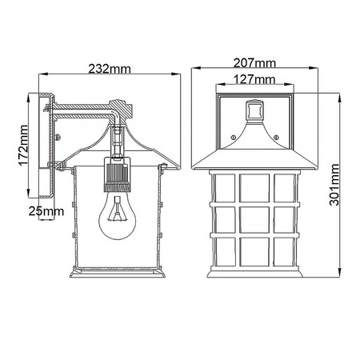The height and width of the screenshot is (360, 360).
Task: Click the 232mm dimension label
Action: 112,70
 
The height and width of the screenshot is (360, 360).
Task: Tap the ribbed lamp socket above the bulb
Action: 117,181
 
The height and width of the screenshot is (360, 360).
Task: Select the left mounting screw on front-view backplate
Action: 234,138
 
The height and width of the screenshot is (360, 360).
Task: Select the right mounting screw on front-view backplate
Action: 276,138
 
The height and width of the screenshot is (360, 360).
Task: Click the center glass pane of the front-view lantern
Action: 255,216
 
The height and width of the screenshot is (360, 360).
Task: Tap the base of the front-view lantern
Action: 255,274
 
